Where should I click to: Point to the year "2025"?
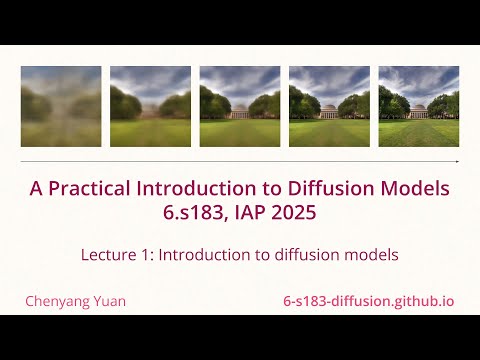pos(297,212)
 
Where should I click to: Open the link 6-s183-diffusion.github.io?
pos(369,300)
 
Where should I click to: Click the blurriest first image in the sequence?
pos(61,106)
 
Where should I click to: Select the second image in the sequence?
pos(150,106)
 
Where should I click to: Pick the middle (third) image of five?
pos(240,106)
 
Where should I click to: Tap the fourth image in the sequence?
pos(329,106)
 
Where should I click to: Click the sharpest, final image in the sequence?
pos(419,106)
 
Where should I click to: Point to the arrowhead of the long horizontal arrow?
pos(457,161)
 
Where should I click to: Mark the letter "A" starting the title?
pos(36,189)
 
